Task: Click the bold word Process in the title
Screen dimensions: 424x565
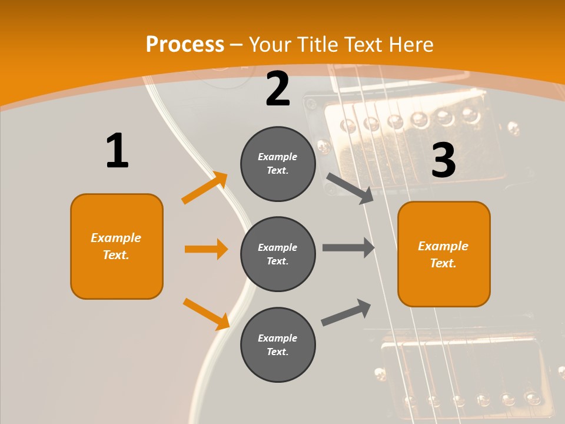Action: point(185,45)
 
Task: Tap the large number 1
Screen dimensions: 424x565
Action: point(117,151)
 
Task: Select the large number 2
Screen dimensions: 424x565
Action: point(278,89)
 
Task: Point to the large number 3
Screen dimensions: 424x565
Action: point(443,160)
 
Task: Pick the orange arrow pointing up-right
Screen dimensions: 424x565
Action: point(205,188)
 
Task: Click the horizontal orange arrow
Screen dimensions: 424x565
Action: point(206,249)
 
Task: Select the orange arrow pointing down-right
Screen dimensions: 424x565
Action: point(206,313)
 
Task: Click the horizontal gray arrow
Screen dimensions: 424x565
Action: point(348,247)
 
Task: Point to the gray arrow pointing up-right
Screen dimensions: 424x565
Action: point(346,312)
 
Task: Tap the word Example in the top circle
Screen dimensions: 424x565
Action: point(277,157)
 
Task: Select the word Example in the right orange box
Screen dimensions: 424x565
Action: point(443,246)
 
